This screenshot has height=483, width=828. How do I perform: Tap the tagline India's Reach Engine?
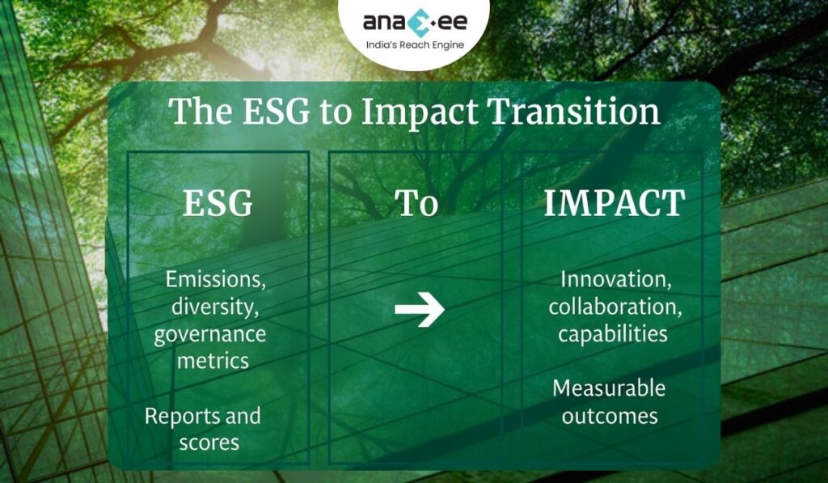pyautogui.click(x=414, y=44)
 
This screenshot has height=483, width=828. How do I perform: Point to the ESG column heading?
pyautogui.click(x=218, y=204)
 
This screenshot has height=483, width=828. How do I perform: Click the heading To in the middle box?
pyautogui.click(x=416, y=204)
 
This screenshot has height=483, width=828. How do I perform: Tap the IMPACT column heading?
pyautogui.click(x=614, y=204)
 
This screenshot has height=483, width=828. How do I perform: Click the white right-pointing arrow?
pyautogui.click(x=419, y=309)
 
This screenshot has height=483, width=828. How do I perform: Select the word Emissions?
pyautogui.click(x=214, y=280)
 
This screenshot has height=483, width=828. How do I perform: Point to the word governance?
pyautogui.click(x=209, y=334)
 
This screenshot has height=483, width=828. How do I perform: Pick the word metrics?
pyautogui.click(x=213, y=361)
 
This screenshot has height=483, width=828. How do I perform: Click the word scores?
pyautogui.click(x=209, y=443)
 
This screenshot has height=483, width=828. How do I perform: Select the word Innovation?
pyautogui.click(x=610, y=280)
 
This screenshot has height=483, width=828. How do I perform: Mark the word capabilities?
pyautogui.click(x=612, y=334)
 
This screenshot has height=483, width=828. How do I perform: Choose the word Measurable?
pyautogui.click(x=609, y=388)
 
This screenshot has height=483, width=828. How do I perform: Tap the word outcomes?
pyautogui.click(x=609, y=417)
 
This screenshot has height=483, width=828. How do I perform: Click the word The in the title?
pyautogui.click(x=196, y=112)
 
